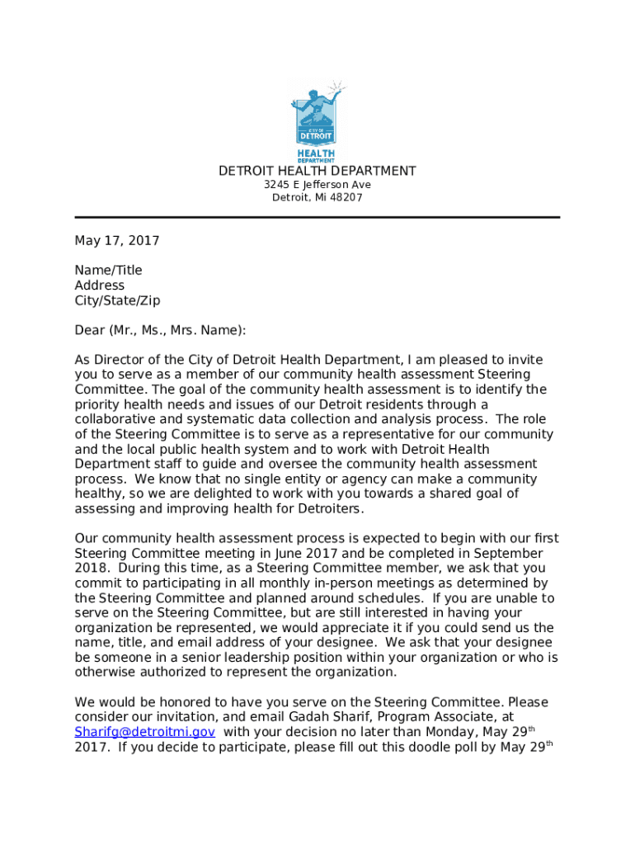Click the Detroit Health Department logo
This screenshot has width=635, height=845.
317,120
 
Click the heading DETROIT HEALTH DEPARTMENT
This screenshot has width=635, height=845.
317,171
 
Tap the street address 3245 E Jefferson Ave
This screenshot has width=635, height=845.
317,185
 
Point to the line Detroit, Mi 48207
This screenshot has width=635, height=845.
317,198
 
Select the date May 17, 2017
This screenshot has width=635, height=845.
117,241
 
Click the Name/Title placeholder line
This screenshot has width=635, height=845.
108,271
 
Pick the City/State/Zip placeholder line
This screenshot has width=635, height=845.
117,300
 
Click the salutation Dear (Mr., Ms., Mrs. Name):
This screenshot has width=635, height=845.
160,330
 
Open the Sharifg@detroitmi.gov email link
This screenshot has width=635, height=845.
145,732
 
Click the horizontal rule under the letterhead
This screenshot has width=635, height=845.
317,217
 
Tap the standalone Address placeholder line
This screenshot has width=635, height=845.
100,286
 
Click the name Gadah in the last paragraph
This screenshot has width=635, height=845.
330,717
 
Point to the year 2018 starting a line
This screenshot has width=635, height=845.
90,568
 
